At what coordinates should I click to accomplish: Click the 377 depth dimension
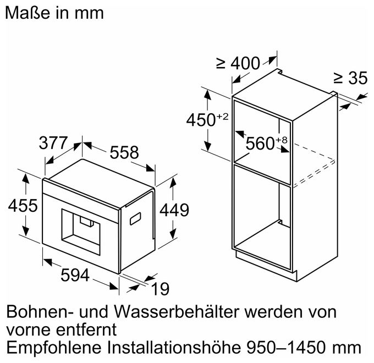53,143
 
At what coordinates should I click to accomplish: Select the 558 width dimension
124,152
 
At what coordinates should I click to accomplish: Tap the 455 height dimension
23,205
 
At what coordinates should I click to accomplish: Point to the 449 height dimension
174,210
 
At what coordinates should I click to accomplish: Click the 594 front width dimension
75,275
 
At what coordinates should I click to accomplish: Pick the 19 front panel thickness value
160,289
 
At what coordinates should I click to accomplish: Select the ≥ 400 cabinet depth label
238,63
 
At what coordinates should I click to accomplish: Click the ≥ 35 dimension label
350,78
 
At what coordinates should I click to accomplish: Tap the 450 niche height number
201,120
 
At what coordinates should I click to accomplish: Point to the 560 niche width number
260,144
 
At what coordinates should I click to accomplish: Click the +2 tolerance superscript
222,117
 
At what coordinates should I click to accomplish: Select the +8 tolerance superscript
282,140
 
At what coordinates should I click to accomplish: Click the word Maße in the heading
28,13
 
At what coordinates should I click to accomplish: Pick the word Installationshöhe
174,348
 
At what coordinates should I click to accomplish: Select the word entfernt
86,329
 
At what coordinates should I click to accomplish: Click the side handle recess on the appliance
135,218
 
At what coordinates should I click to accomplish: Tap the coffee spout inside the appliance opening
87,221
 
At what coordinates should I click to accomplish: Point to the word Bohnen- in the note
40,312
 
